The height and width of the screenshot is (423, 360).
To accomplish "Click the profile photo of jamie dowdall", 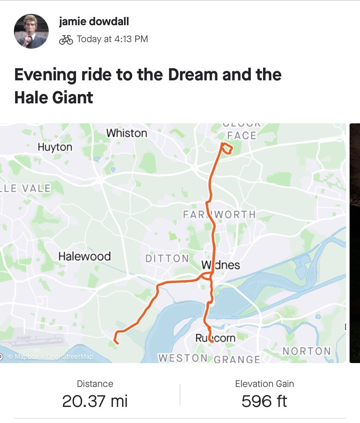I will coord(31,31).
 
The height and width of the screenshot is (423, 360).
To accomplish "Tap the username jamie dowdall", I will coord(94,22).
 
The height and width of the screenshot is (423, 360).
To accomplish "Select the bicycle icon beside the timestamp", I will coord(66,40).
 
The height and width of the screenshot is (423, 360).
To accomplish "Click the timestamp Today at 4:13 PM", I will coord(112,39).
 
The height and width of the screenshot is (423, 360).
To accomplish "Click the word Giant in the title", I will coord(73,97).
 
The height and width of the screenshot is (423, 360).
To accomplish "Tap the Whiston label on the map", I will coord(127,133).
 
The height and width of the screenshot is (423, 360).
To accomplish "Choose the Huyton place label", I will coord(55,147).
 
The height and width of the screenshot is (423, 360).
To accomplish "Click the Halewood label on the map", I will coord(84,256).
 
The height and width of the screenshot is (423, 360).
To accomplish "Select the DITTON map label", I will coord(167,259).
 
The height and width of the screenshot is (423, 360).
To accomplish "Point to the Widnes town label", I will coord(221,265).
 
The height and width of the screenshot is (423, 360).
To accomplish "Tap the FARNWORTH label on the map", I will coord(219,215).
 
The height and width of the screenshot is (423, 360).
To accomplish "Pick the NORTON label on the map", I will coord(307,351).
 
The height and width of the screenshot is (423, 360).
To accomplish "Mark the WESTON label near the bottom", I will coord(183,358).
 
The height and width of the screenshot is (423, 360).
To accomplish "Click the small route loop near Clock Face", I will coord(227,149).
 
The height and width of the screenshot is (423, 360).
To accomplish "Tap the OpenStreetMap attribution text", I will coord(70,357).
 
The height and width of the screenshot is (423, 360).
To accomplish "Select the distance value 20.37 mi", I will coord(95,401).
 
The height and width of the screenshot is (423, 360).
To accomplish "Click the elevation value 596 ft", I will coord(264,401).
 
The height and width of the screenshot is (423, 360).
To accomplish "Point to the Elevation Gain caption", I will coord(264,383).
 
